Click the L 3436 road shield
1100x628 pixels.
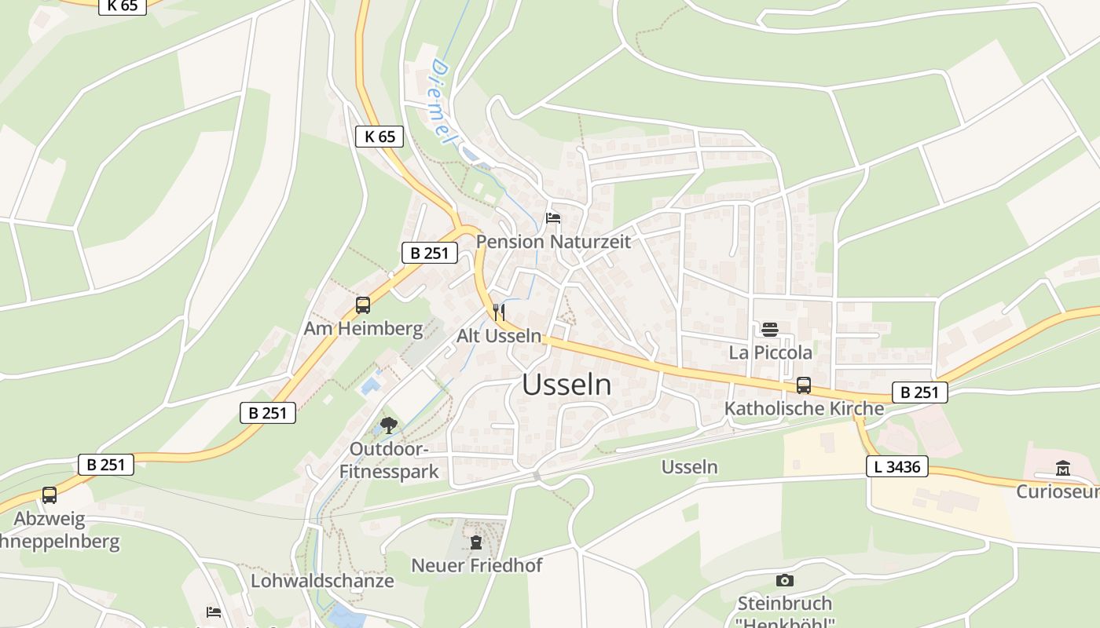click(897, 467)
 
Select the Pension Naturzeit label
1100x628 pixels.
click(553, 242)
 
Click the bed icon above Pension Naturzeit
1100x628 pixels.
click(553, 218)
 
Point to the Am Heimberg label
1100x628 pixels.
click(363, 328)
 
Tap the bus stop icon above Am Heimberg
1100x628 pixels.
click(363, 305)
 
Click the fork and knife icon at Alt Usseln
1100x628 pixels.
click(498, 312)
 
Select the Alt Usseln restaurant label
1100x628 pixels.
click(499, 336)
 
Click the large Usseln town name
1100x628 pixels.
click(566, 385)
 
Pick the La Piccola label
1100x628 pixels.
click(770, 352)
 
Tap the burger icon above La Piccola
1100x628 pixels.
click(769, 330)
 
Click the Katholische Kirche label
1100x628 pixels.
click(804, 408)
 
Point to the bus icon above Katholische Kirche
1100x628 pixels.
click(804, 385)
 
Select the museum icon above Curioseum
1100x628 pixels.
click(1063, 468)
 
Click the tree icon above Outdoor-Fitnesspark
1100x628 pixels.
click(388, 426)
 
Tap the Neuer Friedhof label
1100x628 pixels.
click(476, 565)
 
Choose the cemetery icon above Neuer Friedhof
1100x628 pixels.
click(475, 542)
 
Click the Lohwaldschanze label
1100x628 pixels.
click(322, 581)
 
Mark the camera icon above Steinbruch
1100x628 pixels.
click(784, 581)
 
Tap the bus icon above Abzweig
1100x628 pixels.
click(49, 495)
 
